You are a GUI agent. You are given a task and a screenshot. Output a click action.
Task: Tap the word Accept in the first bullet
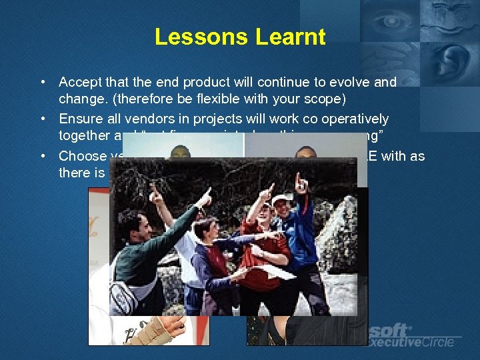click(x=81, y=82)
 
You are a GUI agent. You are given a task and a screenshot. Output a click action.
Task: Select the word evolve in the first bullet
click(x=353, y=82)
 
